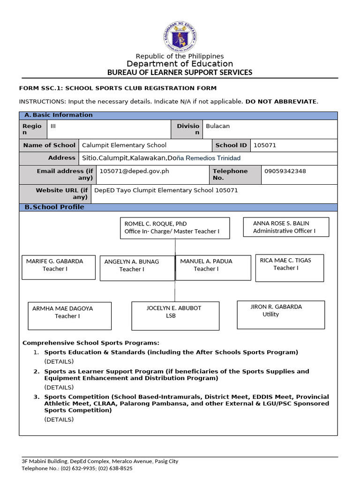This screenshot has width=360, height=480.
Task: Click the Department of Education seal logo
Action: coord(180,37)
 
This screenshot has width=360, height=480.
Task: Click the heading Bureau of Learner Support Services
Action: coord(180,72)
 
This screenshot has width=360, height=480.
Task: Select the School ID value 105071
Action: coord(265,145)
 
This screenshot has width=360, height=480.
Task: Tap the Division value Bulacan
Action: coord(218,126)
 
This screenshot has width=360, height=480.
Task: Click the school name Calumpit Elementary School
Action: coord(124,145)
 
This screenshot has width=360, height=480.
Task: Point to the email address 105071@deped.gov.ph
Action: coord(134,171)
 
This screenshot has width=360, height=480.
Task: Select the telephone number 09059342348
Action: coord(285,171)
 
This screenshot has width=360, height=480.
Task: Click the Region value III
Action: coord(53,126)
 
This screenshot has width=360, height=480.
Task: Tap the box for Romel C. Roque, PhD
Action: coord(175,228)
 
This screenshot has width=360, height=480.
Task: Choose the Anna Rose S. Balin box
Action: coord(286,227)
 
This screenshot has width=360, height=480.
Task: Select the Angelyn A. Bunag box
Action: coord(137,268)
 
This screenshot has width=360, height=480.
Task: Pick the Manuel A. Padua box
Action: coord(213,267)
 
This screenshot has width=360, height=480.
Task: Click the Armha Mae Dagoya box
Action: coord(69,315)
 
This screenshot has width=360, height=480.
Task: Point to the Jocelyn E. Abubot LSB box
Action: coord(175,315)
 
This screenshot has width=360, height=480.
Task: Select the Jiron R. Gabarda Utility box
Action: coord(281,315)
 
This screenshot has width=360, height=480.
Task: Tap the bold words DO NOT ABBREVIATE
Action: coord(281,101)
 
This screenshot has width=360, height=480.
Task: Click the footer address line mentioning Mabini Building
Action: coord(100,461)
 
